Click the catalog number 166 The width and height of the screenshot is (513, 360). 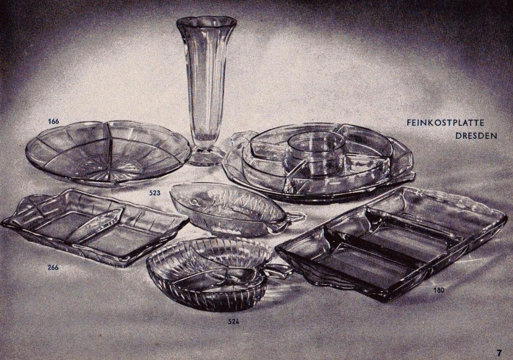(x=53, y=121)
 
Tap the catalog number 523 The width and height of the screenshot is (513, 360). (x=155, y=193)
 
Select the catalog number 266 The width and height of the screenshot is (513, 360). (x=53, y=267)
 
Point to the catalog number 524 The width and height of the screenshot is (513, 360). (x=233, y=322)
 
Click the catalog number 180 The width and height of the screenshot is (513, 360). (x=438, y=290)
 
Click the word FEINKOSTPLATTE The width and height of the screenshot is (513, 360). (x=445, y=123)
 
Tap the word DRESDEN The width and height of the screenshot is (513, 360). (x=476, y=135)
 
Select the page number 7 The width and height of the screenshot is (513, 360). (x=499, y=353)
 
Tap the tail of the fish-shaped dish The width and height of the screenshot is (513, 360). (x=292, y=217)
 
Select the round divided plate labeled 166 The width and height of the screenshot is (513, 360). (x=108, y=153)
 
